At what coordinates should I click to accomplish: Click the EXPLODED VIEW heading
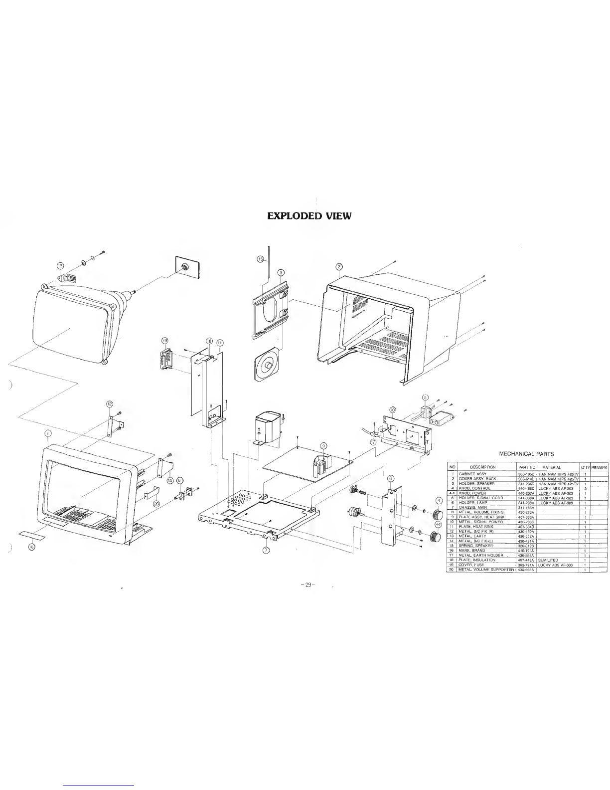pyautogui.click(x=309, y=216)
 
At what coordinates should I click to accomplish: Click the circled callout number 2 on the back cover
pyautogui.click(x=338, y=266)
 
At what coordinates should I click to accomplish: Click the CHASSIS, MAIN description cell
pyautogui.click(x=473, y=507)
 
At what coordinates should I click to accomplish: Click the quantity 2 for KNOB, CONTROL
pyautogui.click(x=585, y=488)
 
